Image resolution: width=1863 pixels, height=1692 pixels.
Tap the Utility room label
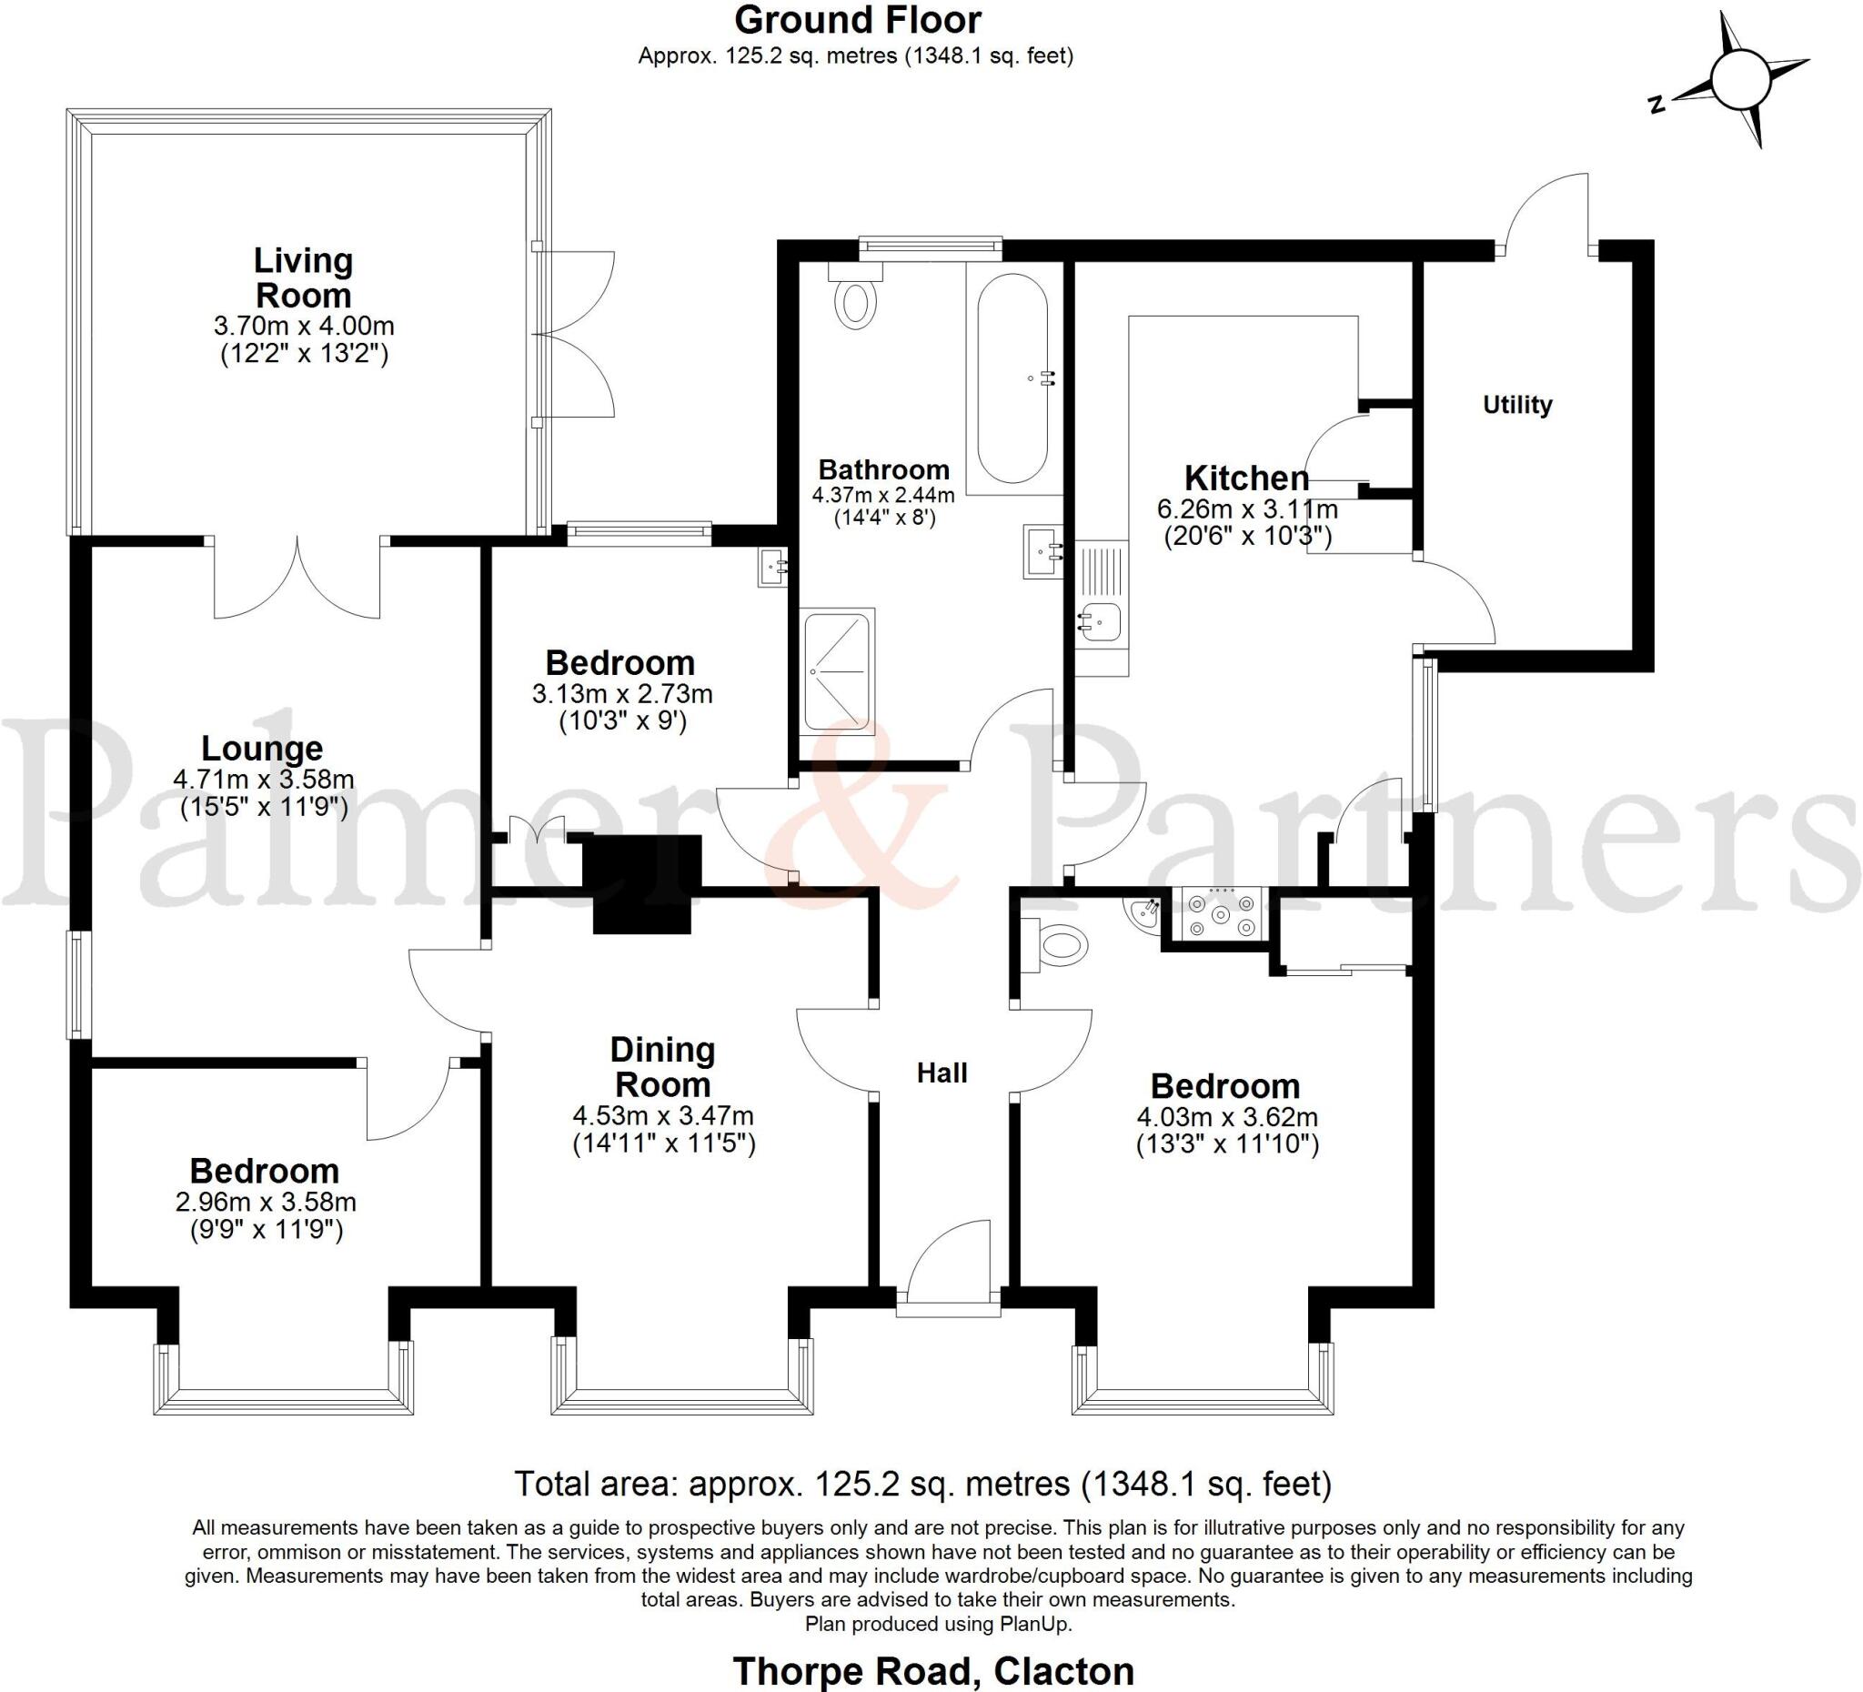click(1517, 405)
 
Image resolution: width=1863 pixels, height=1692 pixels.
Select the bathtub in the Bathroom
click(1012, 378)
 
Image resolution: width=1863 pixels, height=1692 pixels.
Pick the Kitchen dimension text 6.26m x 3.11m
click(1246, 509)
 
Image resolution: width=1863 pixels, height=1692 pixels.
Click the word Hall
click(942, 1073)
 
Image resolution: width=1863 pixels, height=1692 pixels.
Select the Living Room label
click(303, 278)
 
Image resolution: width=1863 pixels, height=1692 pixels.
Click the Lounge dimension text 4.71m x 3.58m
click(264, 779)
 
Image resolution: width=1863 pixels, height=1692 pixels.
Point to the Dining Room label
click(662, 1067)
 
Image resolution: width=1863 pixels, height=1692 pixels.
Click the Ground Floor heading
click(858, 20)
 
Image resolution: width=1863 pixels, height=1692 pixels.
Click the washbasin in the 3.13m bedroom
click(771, 567)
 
